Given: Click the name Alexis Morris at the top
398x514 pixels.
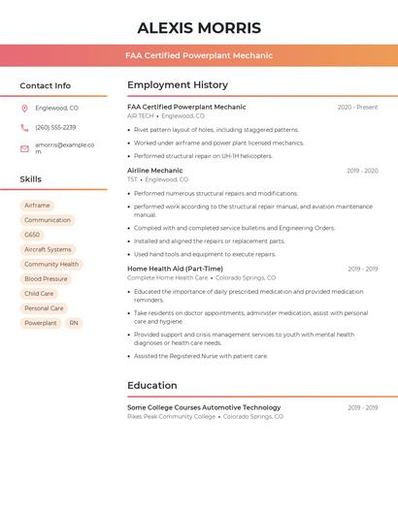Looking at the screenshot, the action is [x=199, y=27].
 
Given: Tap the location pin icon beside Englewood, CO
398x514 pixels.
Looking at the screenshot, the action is [x=25, y=108].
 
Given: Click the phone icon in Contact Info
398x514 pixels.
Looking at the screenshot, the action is [x=25, y=127].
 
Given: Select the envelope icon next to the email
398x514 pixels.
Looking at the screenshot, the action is [x=25, y=148].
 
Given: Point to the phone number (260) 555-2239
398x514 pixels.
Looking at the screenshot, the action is [x=55, y=127].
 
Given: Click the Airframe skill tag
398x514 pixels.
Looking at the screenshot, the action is [x=37, y=206].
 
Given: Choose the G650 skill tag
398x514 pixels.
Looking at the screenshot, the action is [x=33, y=235].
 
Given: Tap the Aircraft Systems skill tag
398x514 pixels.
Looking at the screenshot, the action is [x=48, y=249].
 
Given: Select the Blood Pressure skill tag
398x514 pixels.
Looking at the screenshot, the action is [x=46, y=278].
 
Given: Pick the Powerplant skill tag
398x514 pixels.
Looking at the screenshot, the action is [x=41, y=323].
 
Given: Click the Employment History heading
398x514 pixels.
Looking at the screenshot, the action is [x=178, y=85].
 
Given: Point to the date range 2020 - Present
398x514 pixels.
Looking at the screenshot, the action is [x=357, y=108].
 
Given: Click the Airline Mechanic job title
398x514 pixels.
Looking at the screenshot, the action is [x=154, y=171].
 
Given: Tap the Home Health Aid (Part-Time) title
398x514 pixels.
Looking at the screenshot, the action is [x=175, y=269].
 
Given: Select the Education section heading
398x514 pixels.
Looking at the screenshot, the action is [x=152, y=385].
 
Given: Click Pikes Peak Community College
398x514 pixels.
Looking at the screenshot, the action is [x=172, y=416].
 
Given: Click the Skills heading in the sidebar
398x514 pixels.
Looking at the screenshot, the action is [x=31, y=179].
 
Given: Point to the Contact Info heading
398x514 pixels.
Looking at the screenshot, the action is [x=46, y=85].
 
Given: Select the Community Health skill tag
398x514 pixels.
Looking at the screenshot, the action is [x=51, y=264].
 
